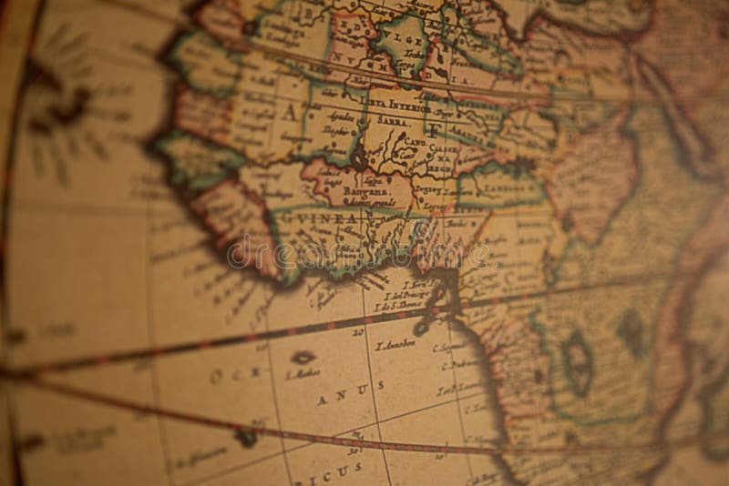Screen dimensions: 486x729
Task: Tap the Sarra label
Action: (x=393, y=119)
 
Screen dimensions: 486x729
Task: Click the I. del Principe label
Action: (x=405, y=296)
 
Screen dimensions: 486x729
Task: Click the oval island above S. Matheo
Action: (x=302, y=357)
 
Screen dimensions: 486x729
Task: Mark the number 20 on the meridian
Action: (x=357, y=332)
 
